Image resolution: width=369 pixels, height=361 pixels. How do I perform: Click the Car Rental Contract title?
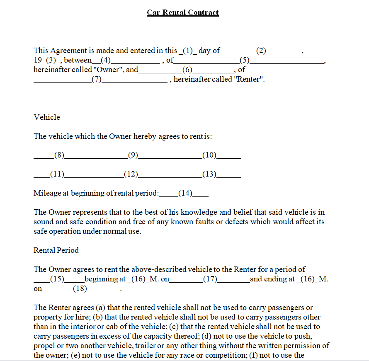[x=182, y=12]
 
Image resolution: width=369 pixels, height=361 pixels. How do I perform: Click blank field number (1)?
[x=188, y=51]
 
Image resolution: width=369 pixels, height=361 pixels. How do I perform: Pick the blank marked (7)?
[x=96, y=80]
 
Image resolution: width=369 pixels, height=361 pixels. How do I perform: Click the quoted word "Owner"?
[x=109, y=70]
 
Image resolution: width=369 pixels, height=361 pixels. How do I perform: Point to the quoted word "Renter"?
[x=249, y=80]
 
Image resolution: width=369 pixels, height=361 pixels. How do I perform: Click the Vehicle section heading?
[x=47, y=117]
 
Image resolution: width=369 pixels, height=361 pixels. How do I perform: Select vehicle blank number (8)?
[x=59, y=156]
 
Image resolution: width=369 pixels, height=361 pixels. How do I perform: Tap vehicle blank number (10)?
[x=209, y=156]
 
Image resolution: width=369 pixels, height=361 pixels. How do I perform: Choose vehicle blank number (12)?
[x=131, y=174]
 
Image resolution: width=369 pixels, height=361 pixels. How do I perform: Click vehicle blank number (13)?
[x=209, y=174]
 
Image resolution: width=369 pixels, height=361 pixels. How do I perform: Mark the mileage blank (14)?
[x=185, y=194]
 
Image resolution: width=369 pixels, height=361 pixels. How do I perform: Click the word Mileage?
[x=47, y=193]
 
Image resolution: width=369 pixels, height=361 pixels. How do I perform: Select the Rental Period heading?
[x=56, y=250]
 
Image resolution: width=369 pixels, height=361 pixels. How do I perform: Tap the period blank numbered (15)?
[x=57, y=279]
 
